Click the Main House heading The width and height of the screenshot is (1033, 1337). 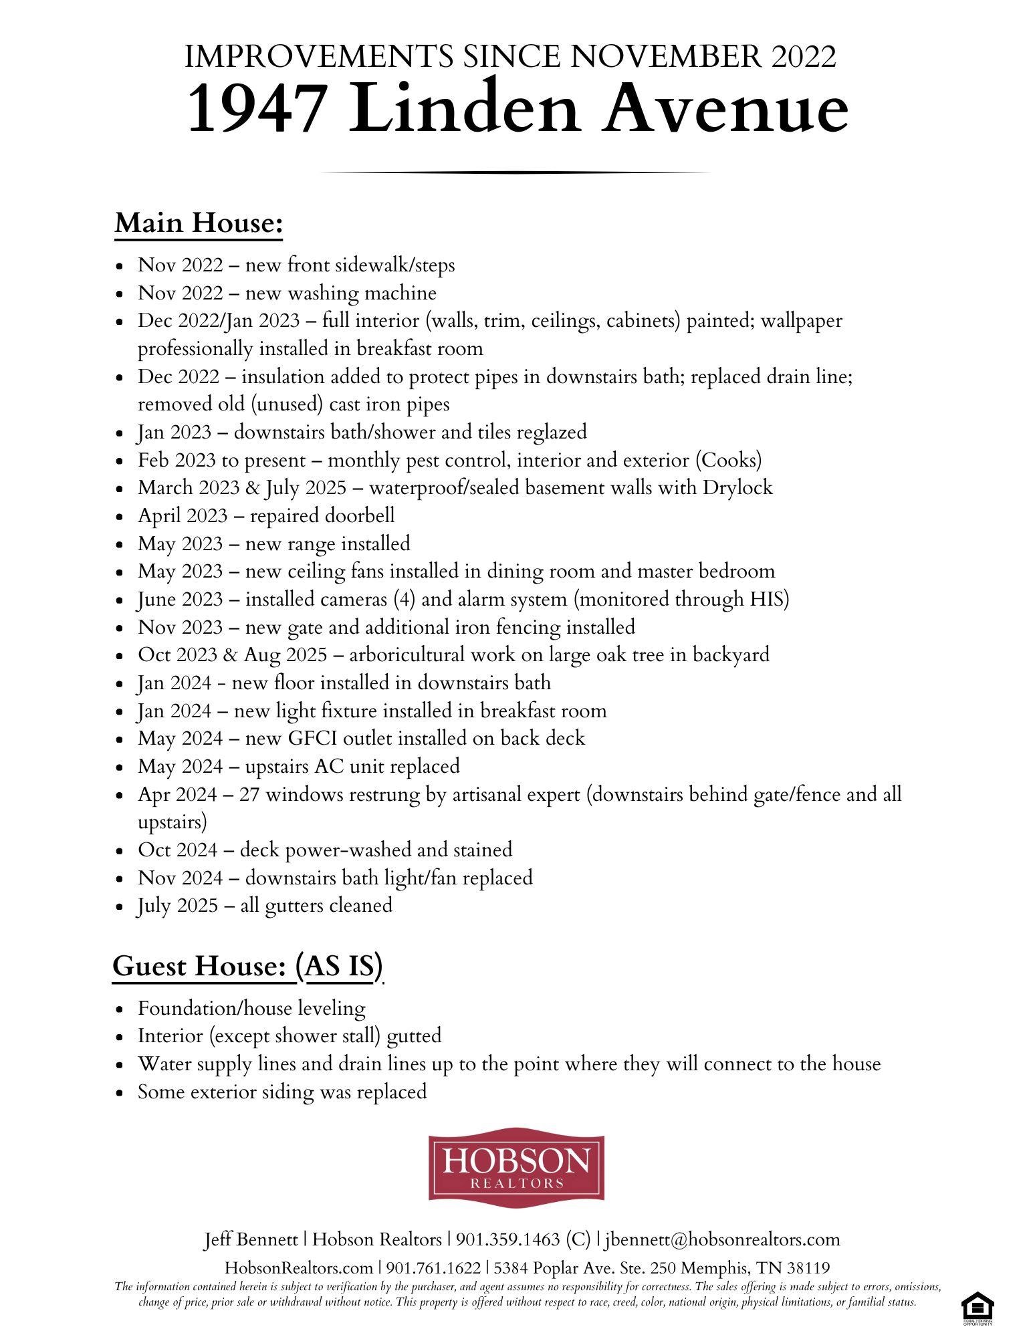(199, 223)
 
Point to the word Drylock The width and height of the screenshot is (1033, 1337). (737, 487)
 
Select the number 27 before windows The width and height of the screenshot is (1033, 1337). (249, 794)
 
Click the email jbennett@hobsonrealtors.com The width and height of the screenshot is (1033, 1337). (722, 1239)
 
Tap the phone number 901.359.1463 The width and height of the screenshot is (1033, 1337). (507, 1239)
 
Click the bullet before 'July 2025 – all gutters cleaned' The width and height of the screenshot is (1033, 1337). (120, 907)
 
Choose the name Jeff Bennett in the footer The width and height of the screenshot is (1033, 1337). (251, 1239)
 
